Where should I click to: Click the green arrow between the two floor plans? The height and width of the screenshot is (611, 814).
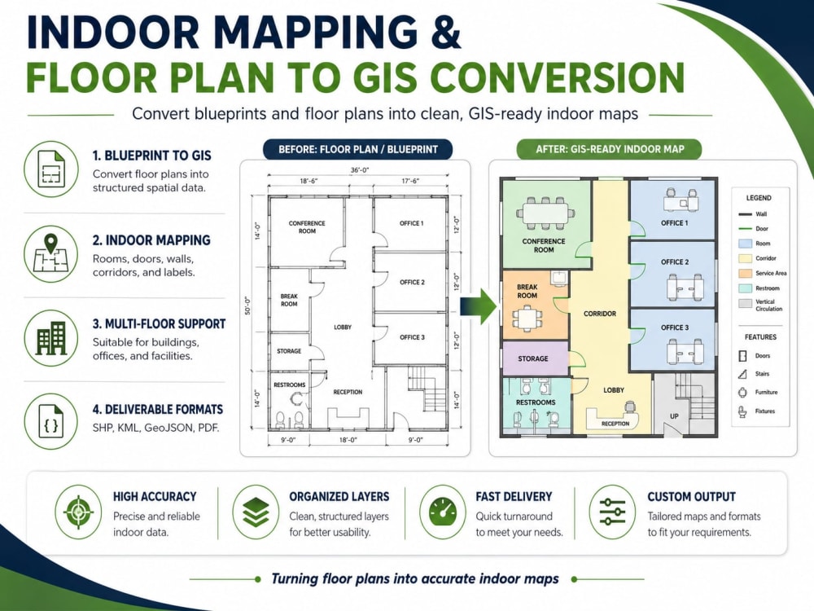pos(479,306)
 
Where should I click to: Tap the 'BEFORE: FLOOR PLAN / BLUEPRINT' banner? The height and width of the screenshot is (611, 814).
pos(357,150)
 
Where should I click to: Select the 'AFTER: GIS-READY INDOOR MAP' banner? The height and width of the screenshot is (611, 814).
pos(610,150)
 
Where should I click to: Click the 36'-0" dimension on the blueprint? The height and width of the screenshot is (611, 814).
pos(360,170)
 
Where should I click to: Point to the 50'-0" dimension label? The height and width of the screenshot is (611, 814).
pos(247,306)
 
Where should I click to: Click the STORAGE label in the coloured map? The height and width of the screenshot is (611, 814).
pos(532,358)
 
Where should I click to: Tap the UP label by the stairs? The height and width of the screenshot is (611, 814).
pos(674,416)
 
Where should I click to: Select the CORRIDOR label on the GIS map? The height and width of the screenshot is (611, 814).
pos(600,314)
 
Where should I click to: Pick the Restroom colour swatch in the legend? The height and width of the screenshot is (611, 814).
pos(745,288)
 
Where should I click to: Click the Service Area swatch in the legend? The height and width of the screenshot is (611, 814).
pos(745,273)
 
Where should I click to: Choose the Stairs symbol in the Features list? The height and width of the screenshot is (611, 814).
pos(743,374)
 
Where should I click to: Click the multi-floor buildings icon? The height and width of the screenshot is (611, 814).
pos(50,338)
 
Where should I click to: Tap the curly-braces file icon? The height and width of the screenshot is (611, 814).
pos(50,421)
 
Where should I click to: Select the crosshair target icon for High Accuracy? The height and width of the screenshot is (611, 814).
pos(78,512)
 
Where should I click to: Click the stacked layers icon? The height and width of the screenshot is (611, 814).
pos(256,512)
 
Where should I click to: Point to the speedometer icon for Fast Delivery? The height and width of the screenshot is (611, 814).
pos(443,512)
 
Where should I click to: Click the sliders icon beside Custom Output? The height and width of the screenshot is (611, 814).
pos(613,512)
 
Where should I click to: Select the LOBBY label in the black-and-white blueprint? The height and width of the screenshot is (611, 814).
pos(343,327)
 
